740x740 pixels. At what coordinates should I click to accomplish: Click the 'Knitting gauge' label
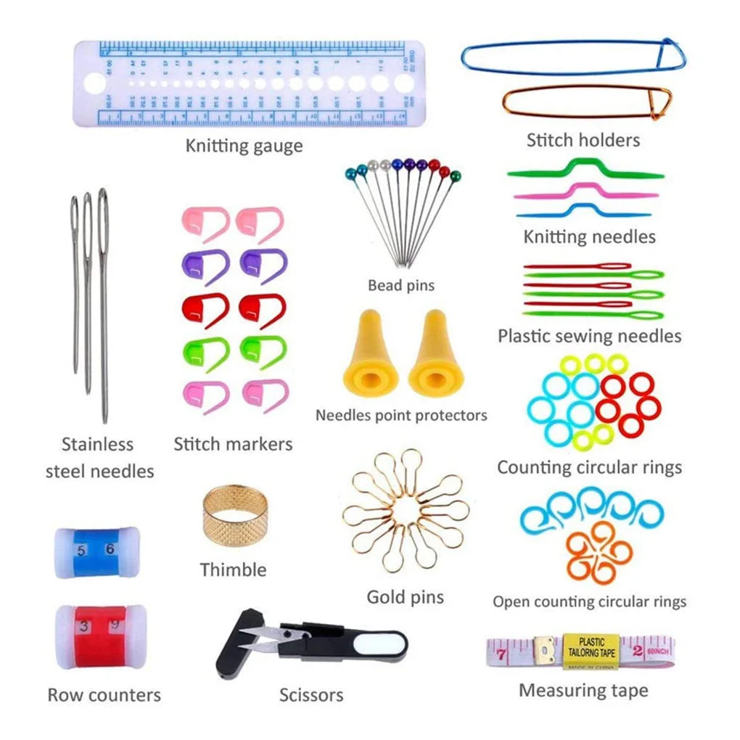(x=244, y=146)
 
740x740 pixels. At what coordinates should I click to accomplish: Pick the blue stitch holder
(x=573, y=57)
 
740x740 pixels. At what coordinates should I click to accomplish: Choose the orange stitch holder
(x=587, y=103)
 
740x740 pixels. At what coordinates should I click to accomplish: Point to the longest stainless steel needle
(x=103, y=305)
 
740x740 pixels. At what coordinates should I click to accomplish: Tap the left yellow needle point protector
(x=370, y=355)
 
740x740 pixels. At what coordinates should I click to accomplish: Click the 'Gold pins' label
(x=405, y=598)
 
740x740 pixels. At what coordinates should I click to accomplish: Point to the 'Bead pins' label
(x=400, y=285)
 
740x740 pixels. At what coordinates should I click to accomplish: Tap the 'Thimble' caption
(x=233, y=570)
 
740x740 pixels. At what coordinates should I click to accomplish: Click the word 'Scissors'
(x=311, y=695)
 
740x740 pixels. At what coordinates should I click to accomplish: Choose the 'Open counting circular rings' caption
(x=589, y=601)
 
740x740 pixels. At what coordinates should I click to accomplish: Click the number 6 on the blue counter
(x=110, y=549)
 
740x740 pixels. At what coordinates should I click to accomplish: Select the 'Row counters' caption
(x=104, y=695)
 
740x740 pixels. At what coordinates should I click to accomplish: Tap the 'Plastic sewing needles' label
(x=589, y=336)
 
